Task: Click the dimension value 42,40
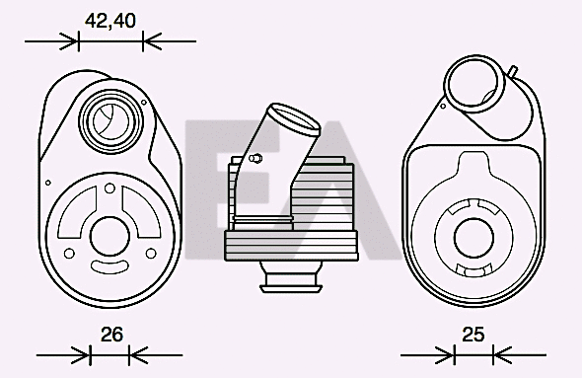109,20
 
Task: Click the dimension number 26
111,335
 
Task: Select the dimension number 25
474,335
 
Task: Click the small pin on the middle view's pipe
255,157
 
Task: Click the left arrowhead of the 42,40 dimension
69,41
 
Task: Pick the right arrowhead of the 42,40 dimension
151,41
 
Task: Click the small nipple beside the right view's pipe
514,69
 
